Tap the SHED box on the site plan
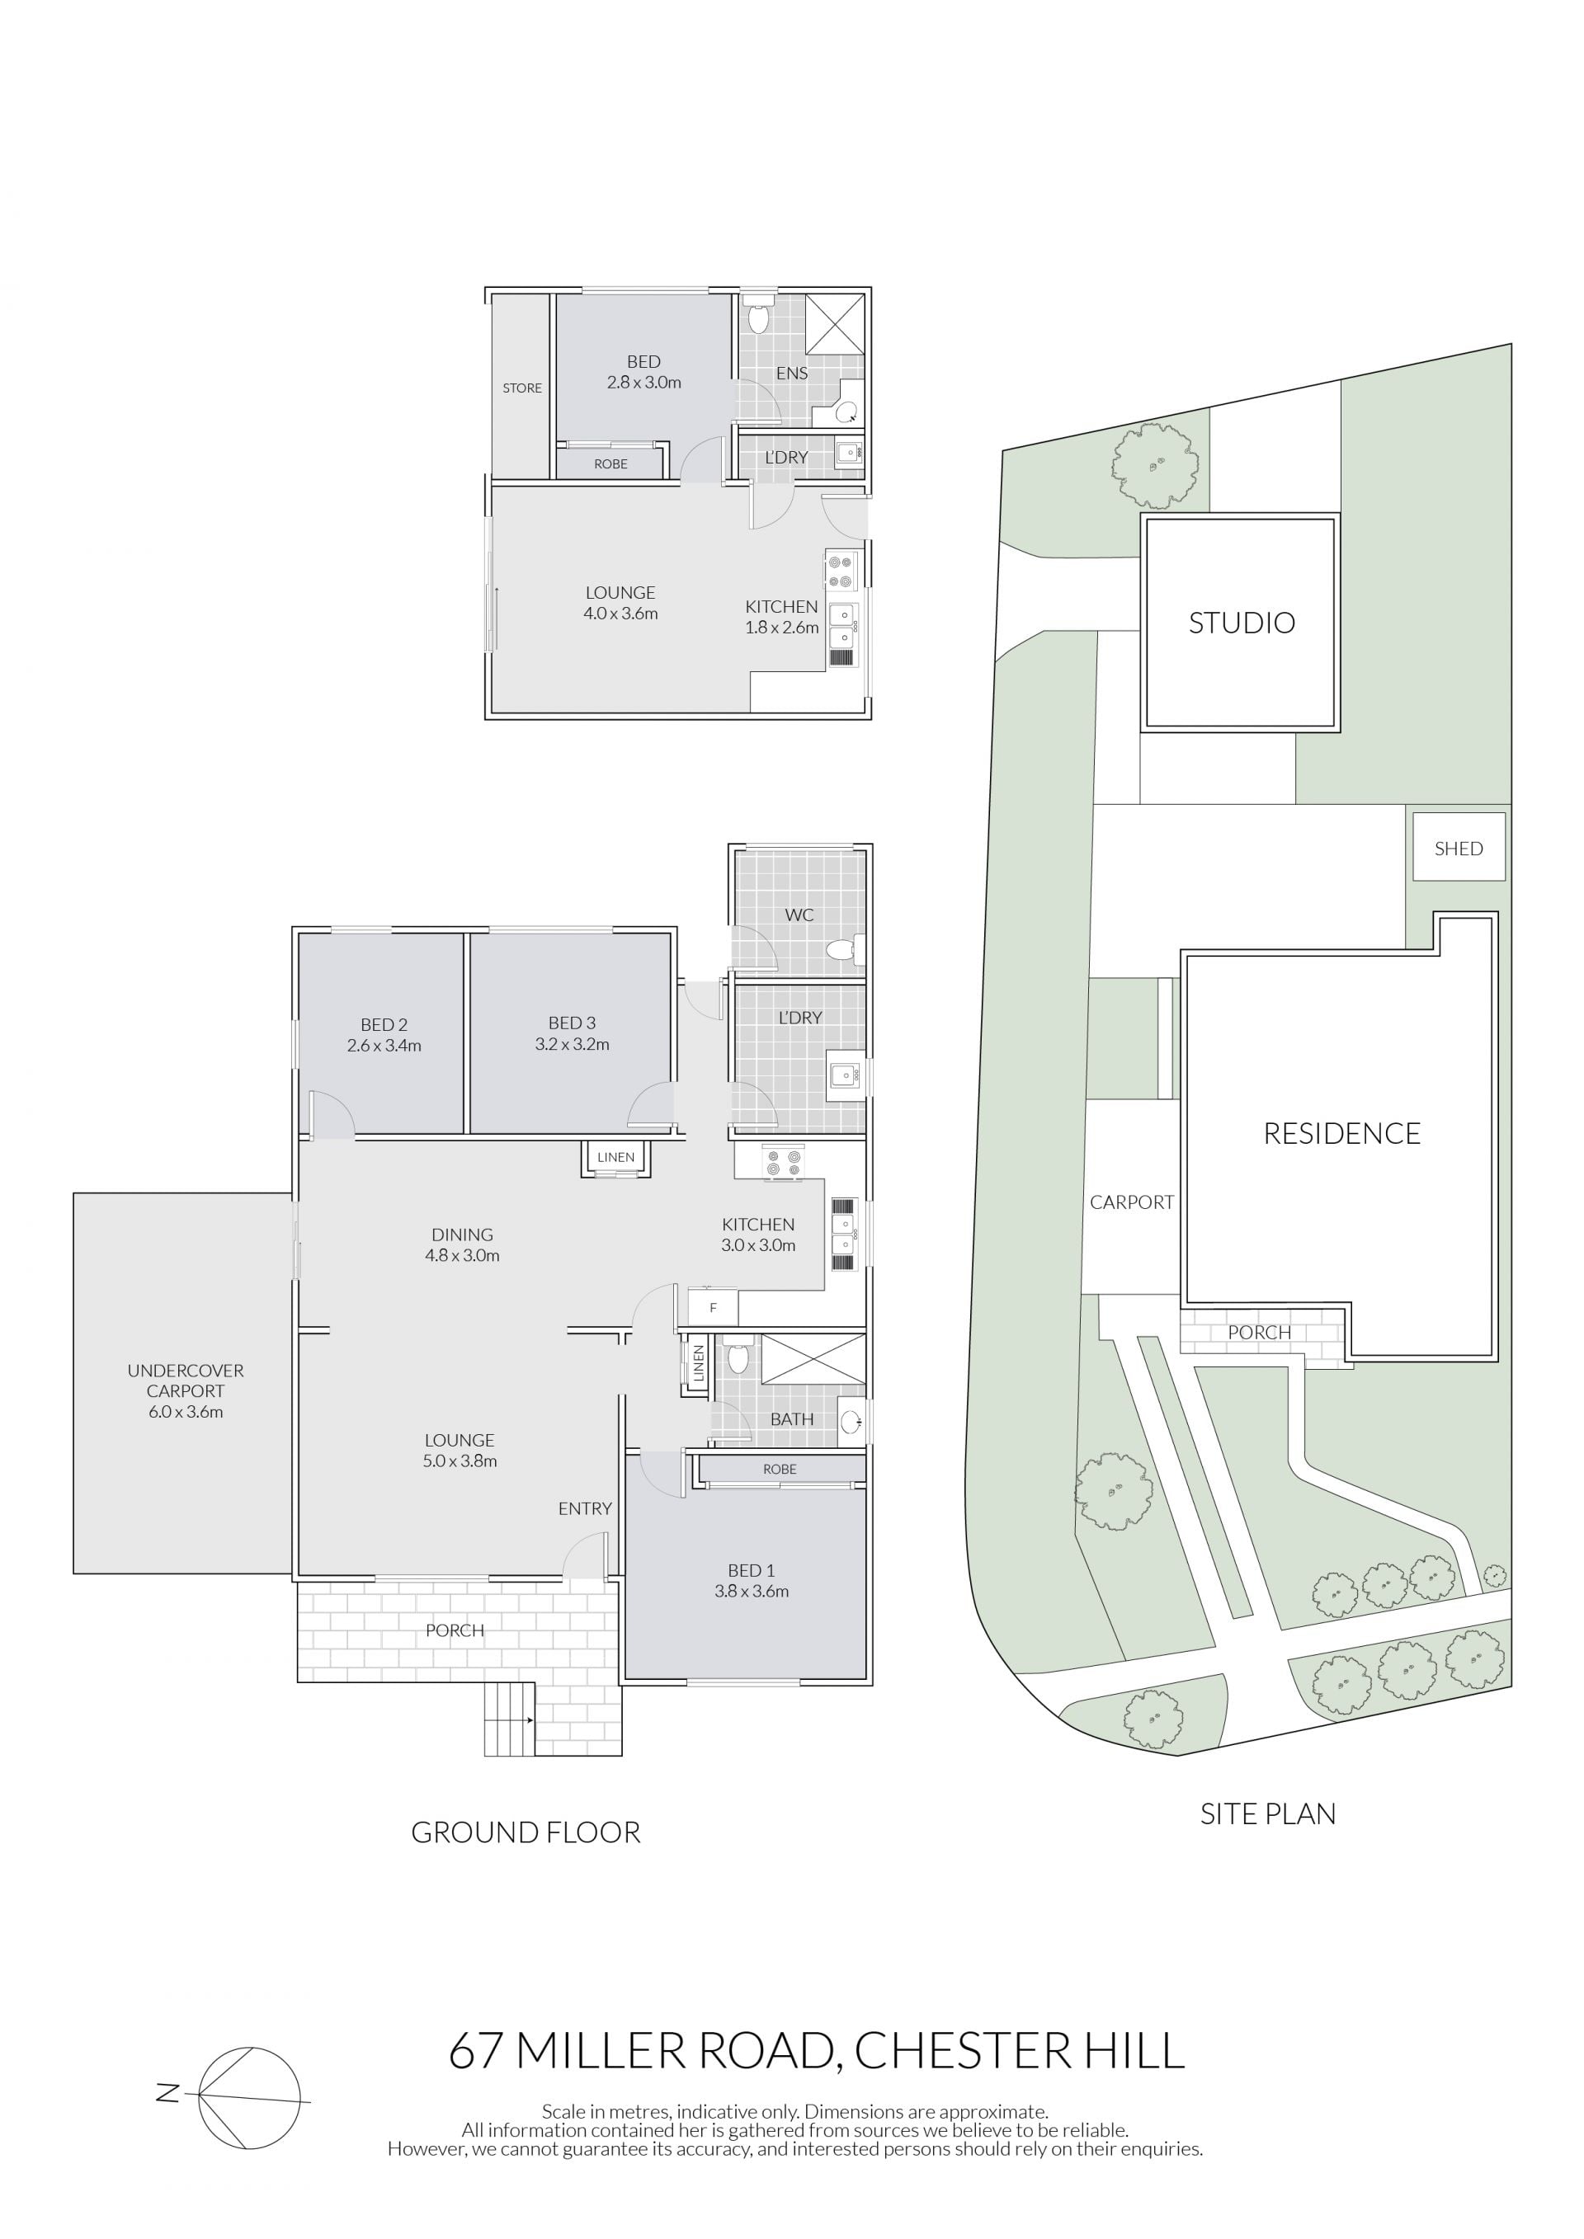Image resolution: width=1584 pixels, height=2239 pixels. click(x=1458, y=846)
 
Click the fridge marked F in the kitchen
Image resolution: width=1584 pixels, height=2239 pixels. click(x=713, y=1308)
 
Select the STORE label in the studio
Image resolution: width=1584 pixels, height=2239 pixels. click(x=522, y=388)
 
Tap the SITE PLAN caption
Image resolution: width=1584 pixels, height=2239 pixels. click(x=1268, y=1813)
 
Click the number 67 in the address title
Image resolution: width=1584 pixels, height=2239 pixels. click(x=477, y=2051)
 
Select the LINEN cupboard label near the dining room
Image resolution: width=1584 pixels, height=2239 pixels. click(x=615, y=1158)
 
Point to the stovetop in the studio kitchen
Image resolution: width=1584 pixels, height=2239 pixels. click(x=841, y=571)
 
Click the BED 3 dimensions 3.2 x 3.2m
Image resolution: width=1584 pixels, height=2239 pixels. click(x=573, y=1044)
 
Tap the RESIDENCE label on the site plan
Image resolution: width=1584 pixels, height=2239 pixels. click(x=1342, y=1133)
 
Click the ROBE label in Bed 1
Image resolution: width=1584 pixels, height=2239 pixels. click(x=780, y=1469)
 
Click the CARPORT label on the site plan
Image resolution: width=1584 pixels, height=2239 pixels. click(x=1131, y=1202)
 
